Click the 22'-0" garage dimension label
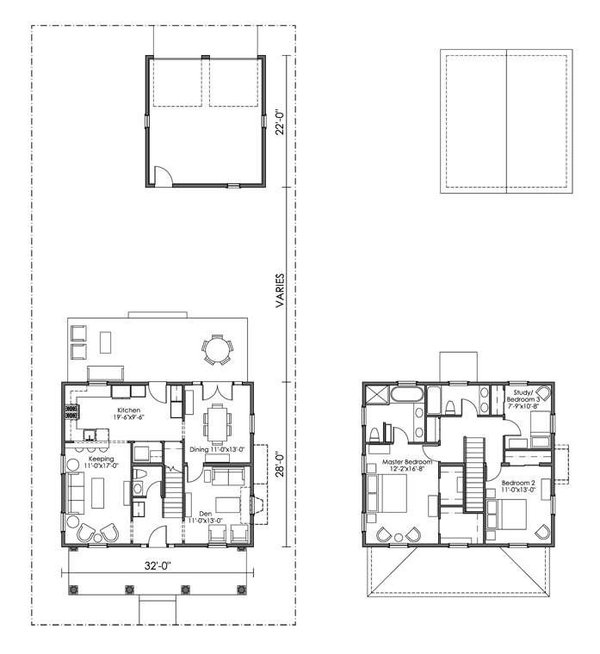[280, 122]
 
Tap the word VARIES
[280, 291]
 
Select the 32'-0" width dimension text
[158, 565]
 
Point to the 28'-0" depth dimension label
[280, 464]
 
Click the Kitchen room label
[128, 410]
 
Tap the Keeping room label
[102, 460]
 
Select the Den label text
[205, 514]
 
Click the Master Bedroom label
[407, 462]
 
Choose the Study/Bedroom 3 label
[523, 396]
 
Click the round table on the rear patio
[217, 349]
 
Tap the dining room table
[218, 425]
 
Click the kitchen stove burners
[71, 411]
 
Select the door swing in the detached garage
[164, 175]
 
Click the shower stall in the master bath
[377, 394]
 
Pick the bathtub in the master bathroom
[407, 394]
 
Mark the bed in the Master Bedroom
[387, 493]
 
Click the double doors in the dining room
[217, 392]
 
